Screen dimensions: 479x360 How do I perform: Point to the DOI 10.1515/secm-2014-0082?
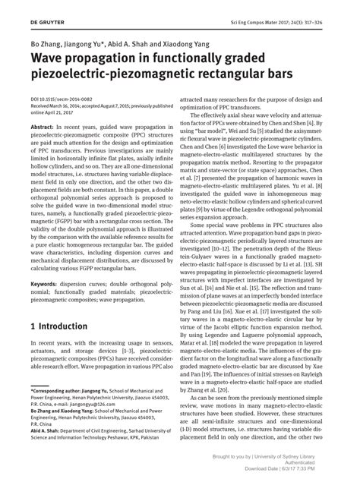(60, 99)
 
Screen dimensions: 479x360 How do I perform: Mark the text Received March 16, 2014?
(65, 106)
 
